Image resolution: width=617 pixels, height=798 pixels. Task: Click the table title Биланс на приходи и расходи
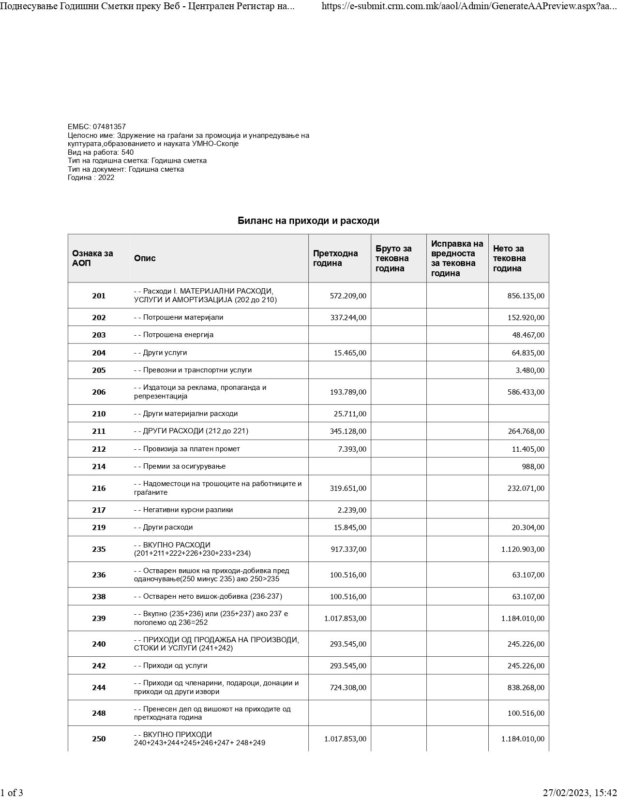308,221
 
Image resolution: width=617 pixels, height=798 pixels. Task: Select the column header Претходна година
335,258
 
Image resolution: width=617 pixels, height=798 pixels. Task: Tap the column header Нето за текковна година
509,258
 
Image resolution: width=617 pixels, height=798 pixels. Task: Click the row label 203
99,335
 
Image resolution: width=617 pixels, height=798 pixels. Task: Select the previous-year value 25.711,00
350,414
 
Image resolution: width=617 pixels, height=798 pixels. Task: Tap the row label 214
99,467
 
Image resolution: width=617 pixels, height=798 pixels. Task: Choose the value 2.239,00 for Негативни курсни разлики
352,510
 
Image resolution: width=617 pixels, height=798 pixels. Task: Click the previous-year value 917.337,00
348,549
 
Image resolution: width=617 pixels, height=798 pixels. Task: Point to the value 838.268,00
526,688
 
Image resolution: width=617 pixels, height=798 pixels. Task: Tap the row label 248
99,713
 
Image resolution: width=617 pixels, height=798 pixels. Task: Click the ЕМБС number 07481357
109,127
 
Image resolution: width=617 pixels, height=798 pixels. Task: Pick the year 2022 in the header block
106,177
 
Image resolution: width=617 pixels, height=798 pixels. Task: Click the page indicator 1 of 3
12,793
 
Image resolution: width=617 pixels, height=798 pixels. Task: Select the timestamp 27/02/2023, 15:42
579,793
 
